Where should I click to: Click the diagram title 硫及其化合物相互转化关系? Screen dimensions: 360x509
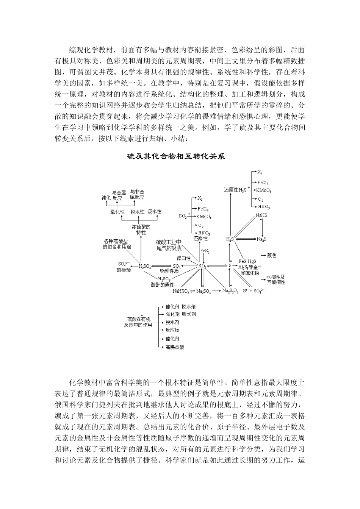pyautogui.click(x=176, y=156)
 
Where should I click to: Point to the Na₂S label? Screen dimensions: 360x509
pyautogui.click(x=261, y=239)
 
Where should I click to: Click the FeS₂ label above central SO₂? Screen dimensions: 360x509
pyautogui.click(x=205, y=251)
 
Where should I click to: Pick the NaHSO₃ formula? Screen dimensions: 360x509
pyautogui.click(x=180, y=291)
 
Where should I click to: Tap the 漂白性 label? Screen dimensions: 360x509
pyautogui.click(x=184, y=258)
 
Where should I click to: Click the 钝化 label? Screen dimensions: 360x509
pyautogui.click(x=106, y=198)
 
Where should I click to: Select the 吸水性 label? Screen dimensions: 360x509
pyautogui.click(x=154, y=211)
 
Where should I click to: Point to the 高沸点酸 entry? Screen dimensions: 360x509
pyautogui.click(x=175, y=347)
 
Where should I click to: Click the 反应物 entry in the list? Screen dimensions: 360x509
pyautogui.click(x=172, y=330)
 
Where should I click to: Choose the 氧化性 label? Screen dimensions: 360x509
pyautogui.click(x=117, y=212)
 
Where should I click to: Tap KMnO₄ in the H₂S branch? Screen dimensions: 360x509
pyautogui.click(x=263, y=190)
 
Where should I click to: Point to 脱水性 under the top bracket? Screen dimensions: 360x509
pyautogui.click(x=138, y=212)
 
